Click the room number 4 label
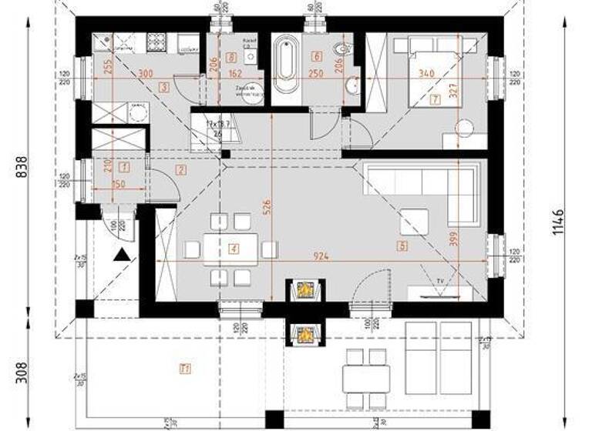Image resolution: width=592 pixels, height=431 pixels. point(233,248)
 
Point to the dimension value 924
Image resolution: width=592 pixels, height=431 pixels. point(321,256)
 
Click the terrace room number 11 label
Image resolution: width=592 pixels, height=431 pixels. point(184,368)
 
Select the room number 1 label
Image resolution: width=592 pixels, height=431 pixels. point(125,165)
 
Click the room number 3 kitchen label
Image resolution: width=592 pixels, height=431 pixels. point(164,87)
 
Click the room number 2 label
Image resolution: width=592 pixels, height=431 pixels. point(181,169)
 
